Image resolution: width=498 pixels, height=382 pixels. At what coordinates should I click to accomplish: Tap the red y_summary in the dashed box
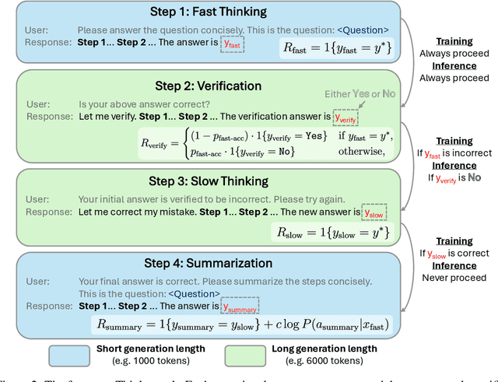(x=240, y=306)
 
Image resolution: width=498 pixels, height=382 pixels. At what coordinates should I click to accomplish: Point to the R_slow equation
(x=330, y=232)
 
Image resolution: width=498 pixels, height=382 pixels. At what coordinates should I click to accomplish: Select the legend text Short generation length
(x=149, y=349)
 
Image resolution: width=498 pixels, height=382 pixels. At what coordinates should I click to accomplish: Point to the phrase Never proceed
(x=454, y=278)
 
